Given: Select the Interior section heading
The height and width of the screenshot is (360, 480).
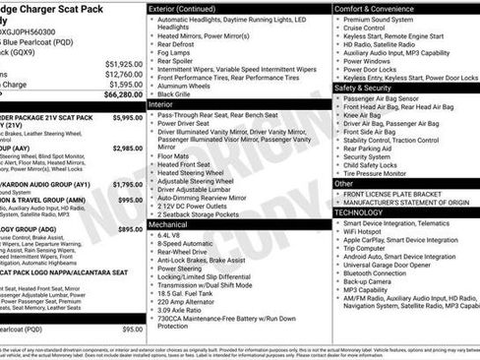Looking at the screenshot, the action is (x=161, y=103).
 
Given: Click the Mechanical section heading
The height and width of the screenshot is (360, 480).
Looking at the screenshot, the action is (x=168, y=224).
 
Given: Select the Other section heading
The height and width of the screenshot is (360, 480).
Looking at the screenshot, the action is (x=343, y=183).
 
